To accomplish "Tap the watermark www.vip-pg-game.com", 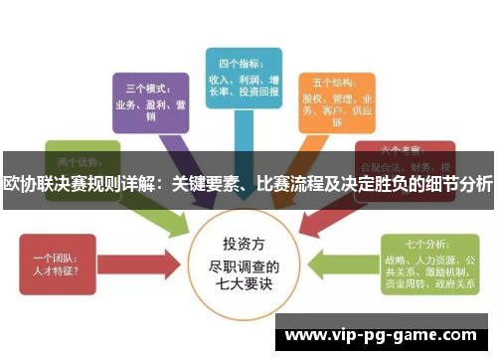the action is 385,333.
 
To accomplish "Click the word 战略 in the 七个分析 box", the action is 396,256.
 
